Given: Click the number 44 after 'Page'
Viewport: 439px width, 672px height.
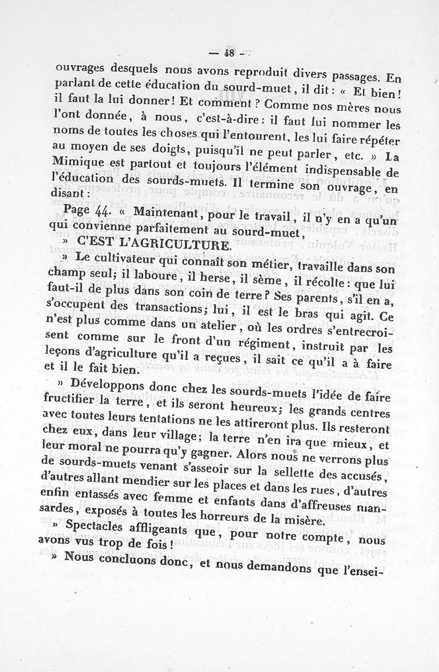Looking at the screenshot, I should (103, 210).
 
